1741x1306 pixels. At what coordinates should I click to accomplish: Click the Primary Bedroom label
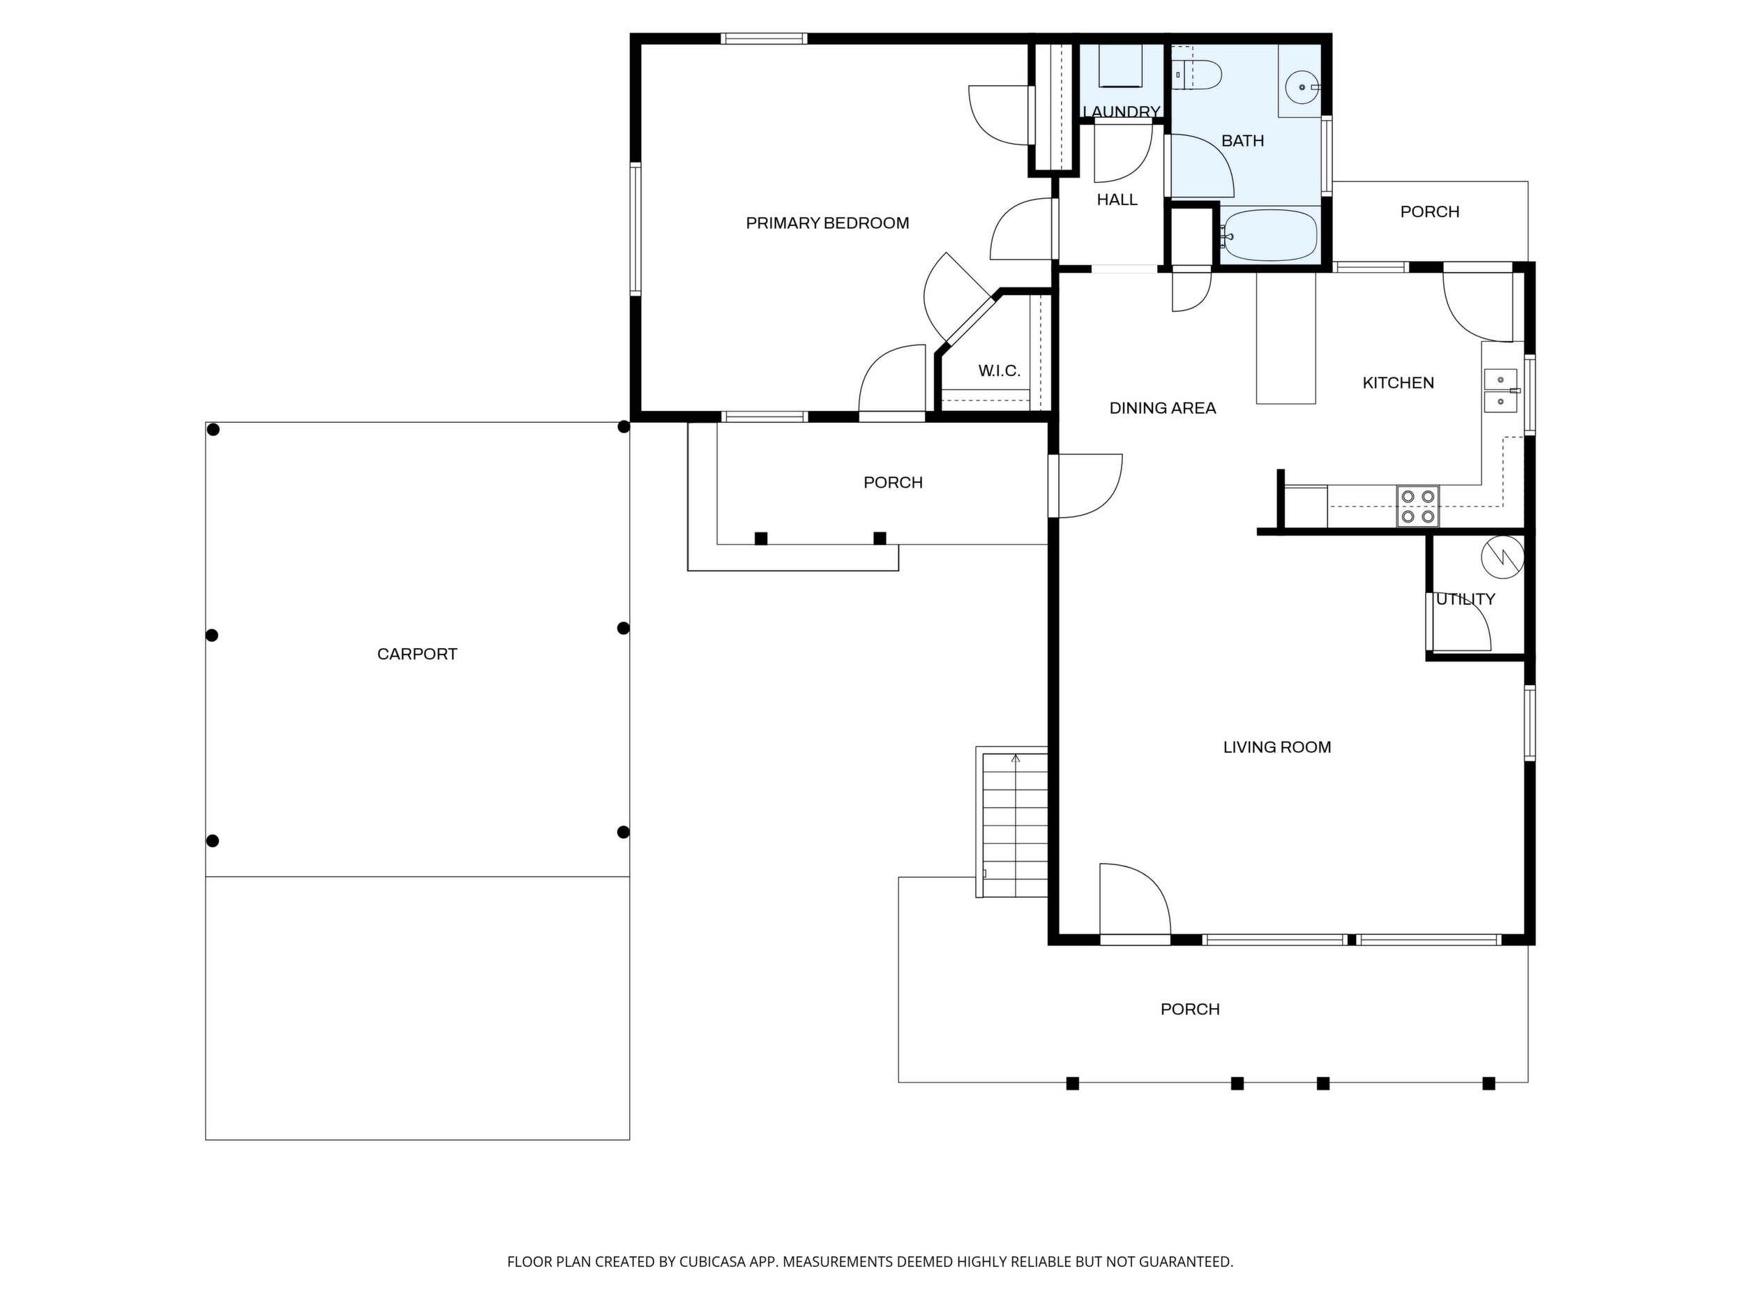(827, 223)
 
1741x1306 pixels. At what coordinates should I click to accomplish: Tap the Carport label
(417, 654)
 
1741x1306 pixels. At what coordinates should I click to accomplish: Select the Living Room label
(1276, 747)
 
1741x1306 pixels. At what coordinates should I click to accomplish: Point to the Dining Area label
(1163, 408)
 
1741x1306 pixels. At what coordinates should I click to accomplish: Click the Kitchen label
(1398, 382)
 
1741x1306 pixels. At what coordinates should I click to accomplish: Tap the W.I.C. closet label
(999, 370)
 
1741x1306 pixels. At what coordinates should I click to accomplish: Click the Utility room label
(1465, 599)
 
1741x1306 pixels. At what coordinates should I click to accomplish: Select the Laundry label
(1122, 112)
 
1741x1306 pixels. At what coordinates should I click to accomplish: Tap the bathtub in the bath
(1269, 235)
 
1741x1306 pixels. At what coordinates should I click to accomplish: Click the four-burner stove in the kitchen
(1417, 506)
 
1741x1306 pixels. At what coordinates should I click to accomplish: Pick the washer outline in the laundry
(1121, 65)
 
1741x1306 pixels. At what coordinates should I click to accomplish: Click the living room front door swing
(1135, 901)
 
